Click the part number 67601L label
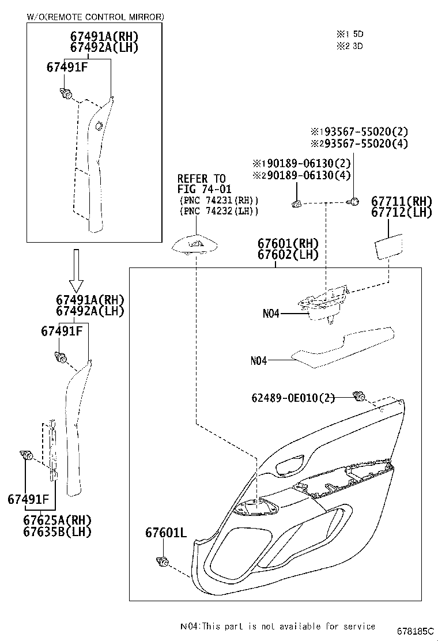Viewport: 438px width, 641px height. (x=165, y=533)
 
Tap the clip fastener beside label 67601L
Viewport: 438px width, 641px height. (x=163, y=560)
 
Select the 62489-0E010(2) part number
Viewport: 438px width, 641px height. (x=293, y=397)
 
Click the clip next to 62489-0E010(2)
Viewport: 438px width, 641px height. (x=360, y=396)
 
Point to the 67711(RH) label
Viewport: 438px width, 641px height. (x=401, y=201)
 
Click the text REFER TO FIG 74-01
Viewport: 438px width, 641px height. (x=201, y=183)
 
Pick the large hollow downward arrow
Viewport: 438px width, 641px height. (x=76, y=270)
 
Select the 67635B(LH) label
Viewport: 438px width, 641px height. (x=57, y=531)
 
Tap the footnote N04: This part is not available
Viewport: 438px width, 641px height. (x=277, y=626)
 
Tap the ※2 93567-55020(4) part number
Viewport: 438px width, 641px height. (x=359, y=144)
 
